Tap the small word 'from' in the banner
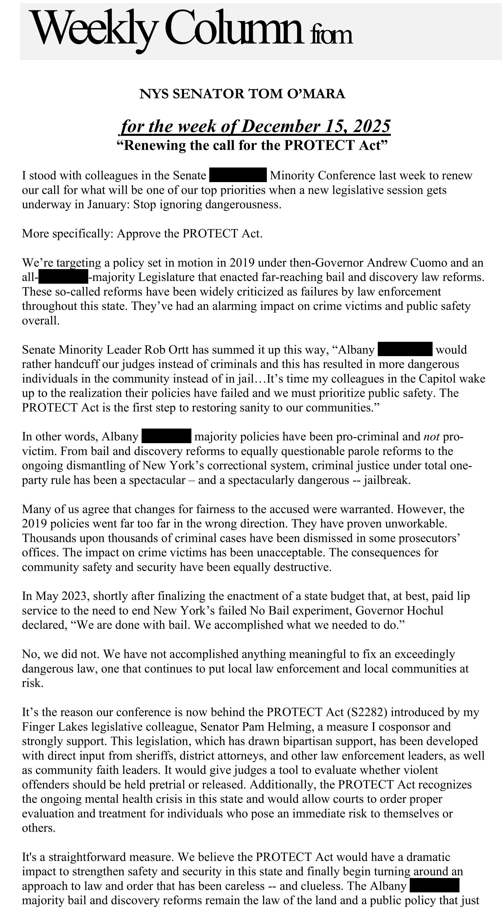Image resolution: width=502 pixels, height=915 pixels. point(331,35)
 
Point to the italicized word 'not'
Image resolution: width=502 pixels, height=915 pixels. point(432,437)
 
